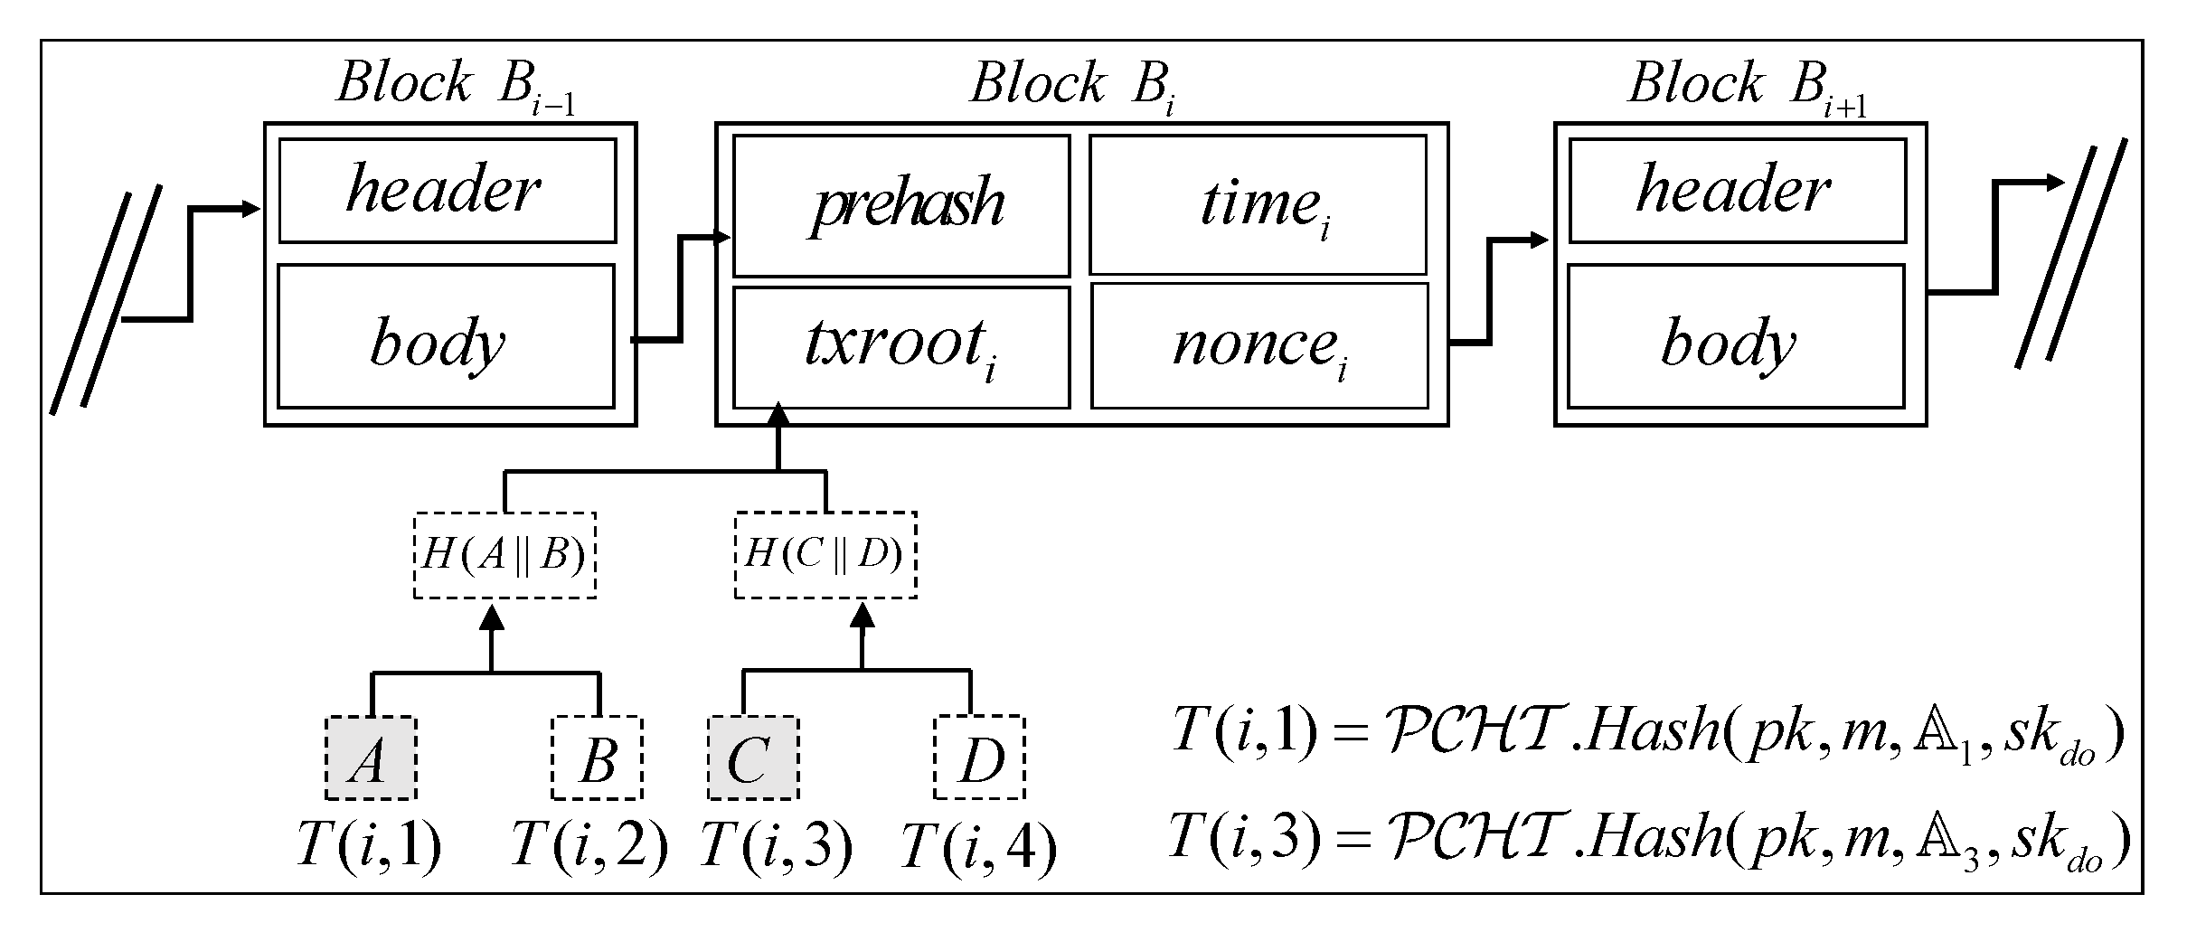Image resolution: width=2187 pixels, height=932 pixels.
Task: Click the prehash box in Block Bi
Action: click(x=901, y=206)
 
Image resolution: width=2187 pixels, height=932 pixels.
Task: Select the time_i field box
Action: click(x=1258, y=206)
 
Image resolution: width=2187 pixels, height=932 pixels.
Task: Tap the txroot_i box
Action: click(x=901, y=347)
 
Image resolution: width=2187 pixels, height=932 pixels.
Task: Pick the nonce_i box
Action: click(x=1259, y=347)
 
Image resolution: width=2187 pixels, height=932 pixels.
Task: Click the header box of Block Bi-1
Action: click(x=448, y=191)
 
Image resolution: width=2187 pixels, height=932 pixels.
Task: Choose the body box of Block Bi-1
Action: click(x=446, y=336)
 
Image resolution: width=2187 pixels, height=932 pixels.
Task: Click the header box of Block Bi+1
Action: click(x=1737, y=191)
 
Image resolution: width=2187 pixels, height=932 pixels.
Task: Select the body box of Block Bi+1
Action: click(x=1736, y=336)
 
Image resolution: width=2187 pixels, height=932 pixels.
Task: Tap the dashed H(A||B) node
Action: click(x=504, y=555)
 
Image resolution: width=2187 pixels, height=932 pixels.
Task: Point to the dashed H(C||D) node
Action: click(x=825, y=555)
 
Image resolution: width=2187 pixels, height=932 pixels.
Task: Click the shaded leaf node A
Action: click(x=371, y=758)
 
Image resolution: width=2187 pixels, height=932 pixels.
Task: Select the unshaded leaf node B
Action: click(x=597, y=758)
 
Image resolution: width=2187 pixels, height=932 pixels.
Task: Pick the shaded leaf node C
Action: click(x=752, y=758)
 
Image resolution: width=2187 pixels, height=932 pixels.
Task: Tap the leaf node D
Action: click(x=979, y=758)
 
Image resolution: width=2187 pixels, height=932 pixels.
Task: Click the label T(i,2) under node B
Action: click(x=589, y=846)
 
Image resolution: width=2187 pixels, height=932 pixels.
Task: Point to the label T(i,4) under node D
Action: click(x=979, y=848)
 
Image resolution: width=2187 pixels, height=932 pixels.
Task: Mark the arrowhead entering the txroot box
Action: click(x=778, y=417)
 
